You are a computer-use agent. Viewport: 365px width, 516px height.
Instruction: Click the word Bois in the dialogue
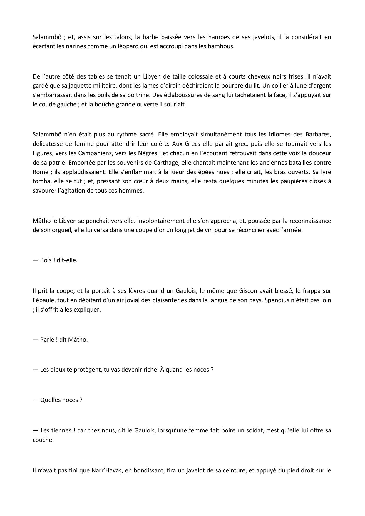click(46, 260)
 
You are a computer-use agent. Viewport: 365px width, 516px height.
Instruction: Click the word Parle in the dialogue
click(47, 340)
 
